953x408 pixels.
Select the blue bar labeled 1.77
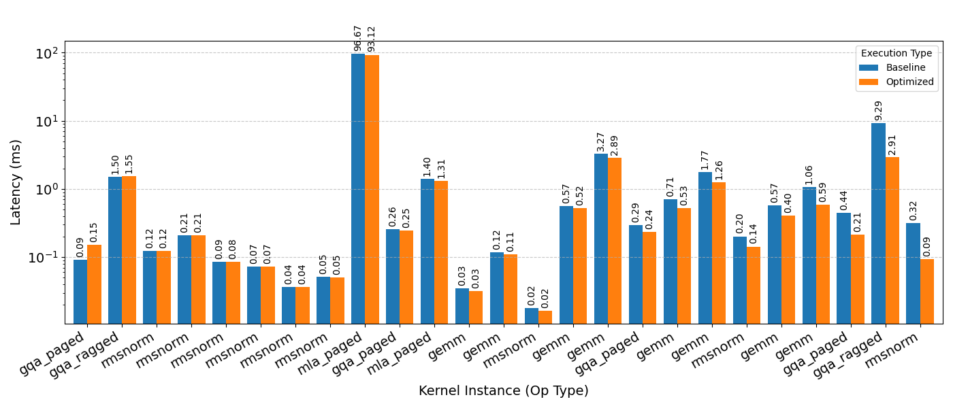click(705, 248)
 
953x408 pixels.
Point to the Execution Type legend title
click(897, 54)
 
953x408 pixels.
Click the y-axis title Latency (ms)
click(16, 182)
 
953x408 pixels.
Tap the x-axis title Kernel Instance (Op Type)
click(503, 391)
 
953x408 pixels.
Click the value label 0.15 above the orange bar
click(94, 232)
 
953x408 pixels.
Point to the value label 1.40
click(427, 167)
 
